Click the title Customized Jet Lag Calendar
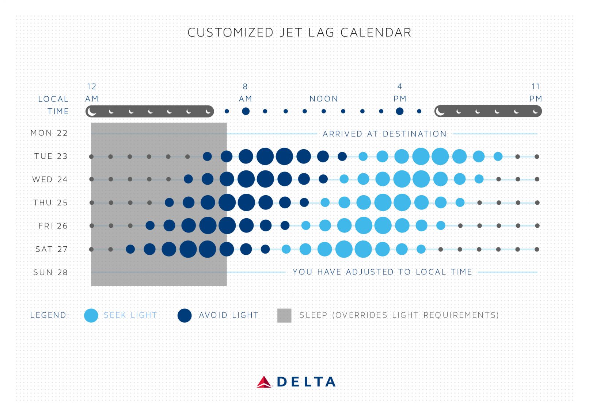(x=299, y=32)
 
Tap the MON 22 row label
(x=49, y=133)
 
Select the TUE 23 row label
(x=51, y=156)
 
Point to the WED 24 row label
(x=50, y=180)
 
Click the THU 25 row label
(x=51, y=203)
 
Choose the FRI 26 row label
(x=53, y=226)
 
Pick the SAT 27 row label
(x=52, y=249)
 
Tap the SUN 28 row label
(x=50, y=273)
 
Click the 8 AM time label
(x=245, y=93)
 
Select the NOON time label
(x=324, y=99)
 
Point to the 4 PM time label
(x=400, y=93)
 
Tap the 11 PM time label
(x=536, y=93)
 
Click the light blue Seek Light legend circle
(x=91, y=315)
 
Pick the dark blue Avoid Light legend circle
(x=185, y=315)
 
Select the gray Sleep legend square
(x=284, y=315)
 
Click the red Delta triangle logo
(x=264, y=382)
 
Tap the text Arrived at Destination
(x=384, y=134)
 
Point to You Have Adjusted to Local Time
(x=382, y=272)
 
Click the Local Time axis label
(x=53, y=105)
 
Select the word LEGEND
(x=50, y=315)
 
